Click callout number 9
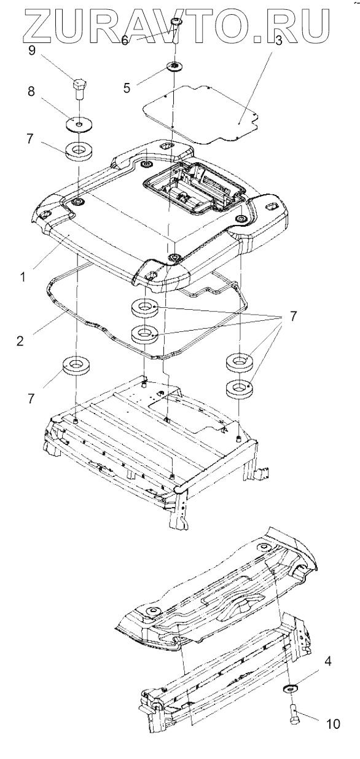coord(31,51)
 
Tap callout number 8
coord(31,91)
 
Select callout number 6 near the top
coord(124,41)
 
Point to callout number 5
coord(127,88)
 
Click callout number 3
coord(278,41)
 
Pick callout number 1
coord(23,277)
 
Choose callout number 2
coord(20,340)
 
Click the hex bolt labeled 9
coord(80,88)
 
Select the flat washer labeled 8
coord(80,124)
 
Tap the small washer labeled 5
coord(174,66)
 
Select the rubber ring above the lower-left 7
coord(76,366)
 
